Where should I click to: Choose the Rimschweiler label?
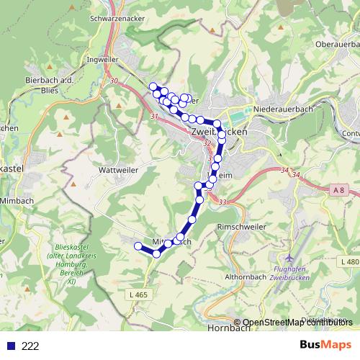[x=241, y=227]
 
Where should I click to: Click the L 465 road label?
[x=140, y=295]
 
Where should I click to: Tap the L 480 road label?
[x=351, y=262]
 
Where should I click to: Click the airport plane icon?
[x=290, y=257]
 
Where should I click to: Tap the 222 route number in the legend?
[x=30, y=346]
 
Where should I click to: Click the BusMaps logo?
[x=325, y=346]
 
